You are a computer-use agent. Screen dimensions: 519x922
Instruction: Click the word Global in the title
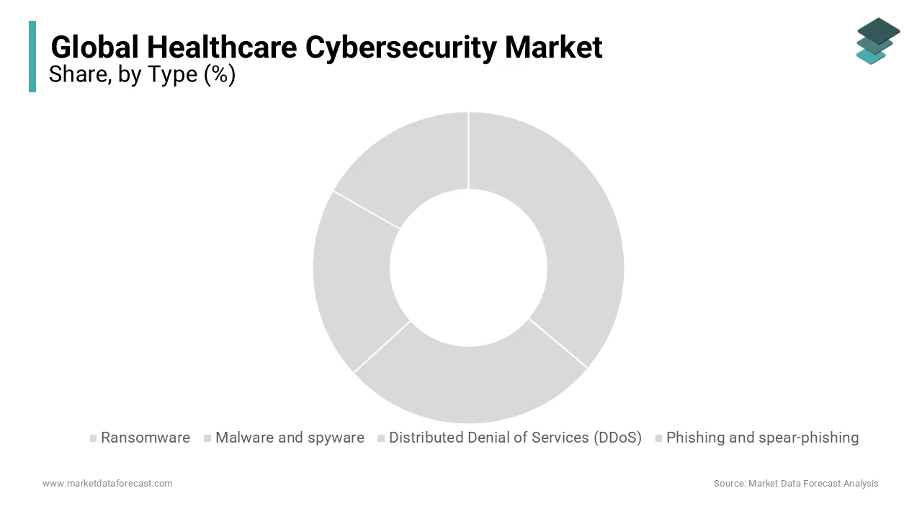click(96, 48)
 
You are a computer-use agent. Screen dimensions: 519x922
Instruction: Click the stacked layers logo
click(878, 41)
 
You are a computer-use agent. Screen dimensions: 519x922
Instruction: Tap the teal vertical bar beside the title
click(32, 56)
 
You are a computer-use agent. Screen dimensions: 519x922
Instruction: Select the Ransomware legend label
click(146, 438)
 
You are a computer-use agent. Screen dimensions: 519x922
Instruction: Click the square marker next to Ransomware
click(93, 438)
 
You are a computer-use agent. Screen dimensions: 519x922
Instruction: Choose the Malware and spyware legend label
click(290, 438)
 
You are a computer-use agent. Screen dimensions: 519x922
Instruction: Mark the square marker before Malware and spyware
click(207, 438)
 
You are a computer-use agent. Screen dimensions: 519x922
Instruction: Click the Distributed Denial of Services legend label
click(490, 438)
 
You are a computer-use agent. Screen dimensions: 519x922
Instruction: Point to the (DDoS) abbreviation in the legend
click(618, 438)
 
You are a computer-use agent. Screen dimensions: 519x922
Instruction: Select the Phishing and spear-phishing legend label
click(762, 438)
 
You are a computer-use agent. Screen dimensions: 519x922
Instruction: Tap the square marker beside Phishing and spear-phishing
click(658, 438)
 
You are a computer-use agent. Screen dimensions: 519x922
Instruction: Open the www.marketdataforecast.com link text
click(107, 483)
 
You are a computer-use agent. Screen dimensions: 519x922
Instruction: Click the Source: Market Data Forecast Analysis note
click(796, 483)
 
